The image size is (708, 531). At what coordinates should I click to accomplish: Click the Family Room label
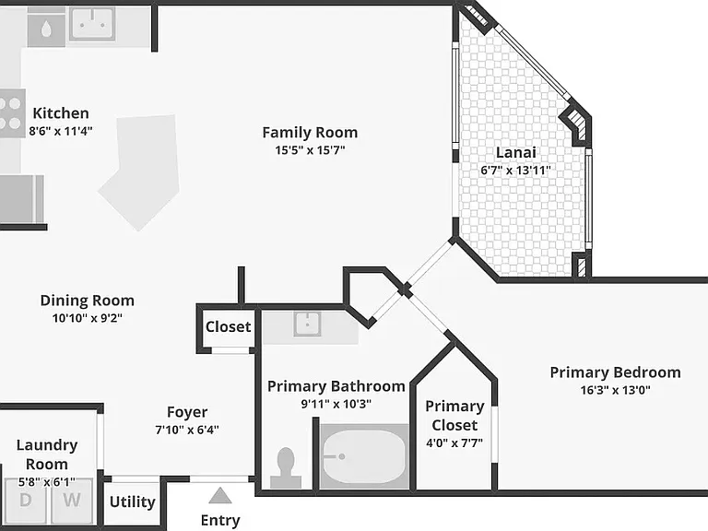click(310, 133)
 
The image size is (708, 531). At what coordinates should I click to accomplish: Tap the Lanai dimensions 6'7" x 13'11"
click(515, 171)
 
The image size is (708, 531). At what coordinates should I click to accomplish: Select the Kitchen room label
click(61, 112)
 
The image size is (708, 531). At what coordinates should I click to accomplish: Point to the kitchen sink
click(91, 23)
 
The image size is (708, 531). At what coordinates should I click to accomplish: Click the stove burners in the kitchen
click(11, 113)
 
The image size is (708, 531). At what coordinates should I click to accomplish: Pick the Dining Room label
click(88, 301)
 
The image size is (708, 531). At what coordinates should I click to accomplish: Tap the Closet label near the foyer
click(228, 326)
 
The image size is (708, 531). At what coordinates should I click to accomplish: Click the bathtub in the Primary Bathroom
click(364, 456)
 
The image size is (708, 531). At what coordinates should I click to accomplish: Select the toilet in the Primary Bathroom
click(286, 467)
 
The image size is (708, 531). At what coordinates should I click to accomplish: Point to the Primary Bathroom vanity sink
click(307, 324)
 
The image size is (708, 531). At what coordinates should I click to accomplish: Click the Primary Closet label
click(454, 416)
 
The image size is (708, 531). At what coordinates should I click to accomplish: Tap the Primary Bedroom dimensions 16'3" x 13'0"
click(616, 390)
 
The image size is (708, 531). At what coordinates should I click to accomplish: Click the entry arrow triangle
click(220, 496)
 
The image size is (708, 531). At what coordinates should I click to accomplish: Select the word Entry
click(220, 520)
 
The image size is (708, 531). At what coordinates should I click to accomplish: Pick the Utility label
click(133, 501)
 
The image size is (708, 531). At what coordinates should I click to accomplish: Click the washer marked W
click(72, 501)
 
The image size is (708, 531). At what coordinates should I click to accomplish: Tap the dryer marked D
click(25, 501)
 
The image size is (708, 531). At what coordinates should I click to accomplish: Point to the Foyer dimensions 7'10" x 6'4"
click(187, 430)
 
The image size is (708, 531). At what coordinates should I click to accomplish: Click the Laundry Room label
click(47, 454)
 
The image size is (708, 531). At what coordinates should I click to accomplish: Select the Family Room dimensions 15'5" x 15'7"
click(310, 150)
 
